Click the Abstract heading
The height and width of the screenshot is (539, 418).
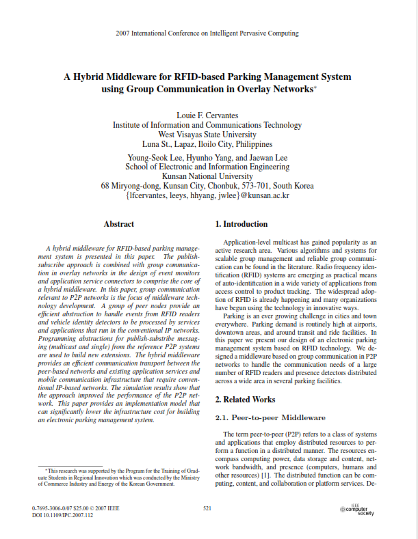pos(118,224)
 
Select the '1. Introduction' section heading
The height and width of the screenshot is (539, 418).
pos(241,224)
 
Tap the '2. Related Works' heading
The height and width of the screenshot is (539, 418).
pos(246,399)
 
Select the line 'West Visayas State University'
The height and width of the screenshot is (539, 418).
pos(207,135)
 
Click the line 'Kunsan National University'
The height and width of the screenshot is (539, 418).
pos(207,176)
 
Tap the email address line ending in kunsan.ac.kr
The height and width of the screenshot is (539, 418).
pos(207,195)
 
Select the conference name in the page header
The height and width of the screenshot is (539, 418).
pos(207,33)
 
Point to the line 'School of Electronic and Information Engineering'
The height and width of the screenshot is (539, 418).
pos(207,165)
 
